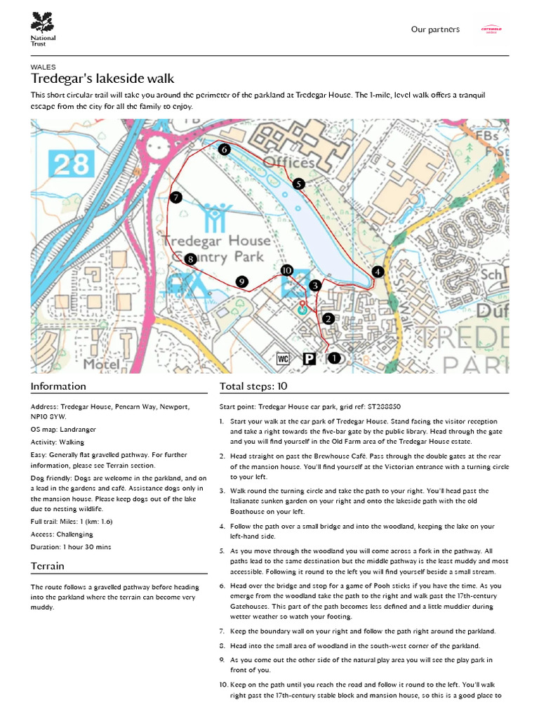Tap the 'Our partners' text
(x=435, y=29)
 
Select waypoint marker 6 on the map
(x=224, y=150)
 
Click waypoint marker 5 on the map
(x=298, y=184)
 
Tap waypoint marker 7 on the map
(x=175, y=197)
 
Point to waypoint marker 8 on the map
(x=190, y=259)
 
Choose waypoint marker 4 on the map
(x=378, y=272)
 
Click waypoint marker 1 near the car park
(x=334, y=358)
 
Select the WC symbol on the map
(x=284, y=359)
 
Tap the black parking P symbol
(x=309, y=359)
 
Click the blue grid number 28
(x=72, y=165)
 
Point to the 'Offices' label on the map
(x=288, y=163)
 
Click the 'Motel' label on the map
(x=101, y=364)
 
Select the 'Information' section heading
(x=58, y=386)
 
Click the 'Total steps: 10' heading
(x=253, y=386)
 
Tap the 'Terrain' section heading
(x=48, y=566)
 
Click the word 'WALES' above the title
(x=44, y=67)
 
